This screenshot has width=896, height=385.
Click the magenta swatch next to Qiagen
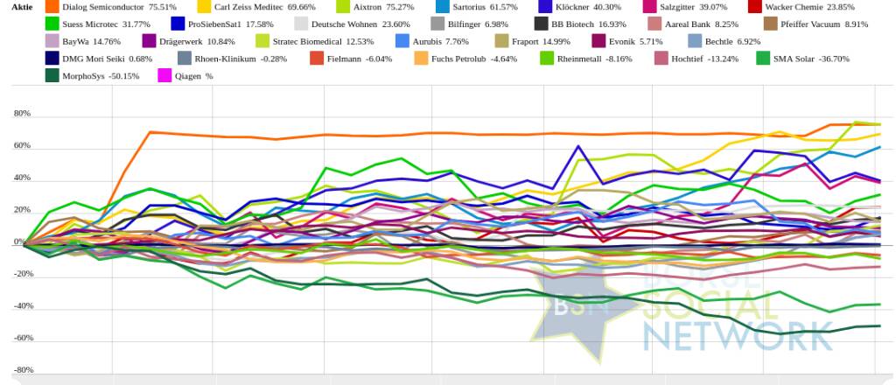(x=164, y=76)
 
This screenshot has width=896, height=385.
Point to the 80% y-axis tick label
(x=22, y=115)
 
